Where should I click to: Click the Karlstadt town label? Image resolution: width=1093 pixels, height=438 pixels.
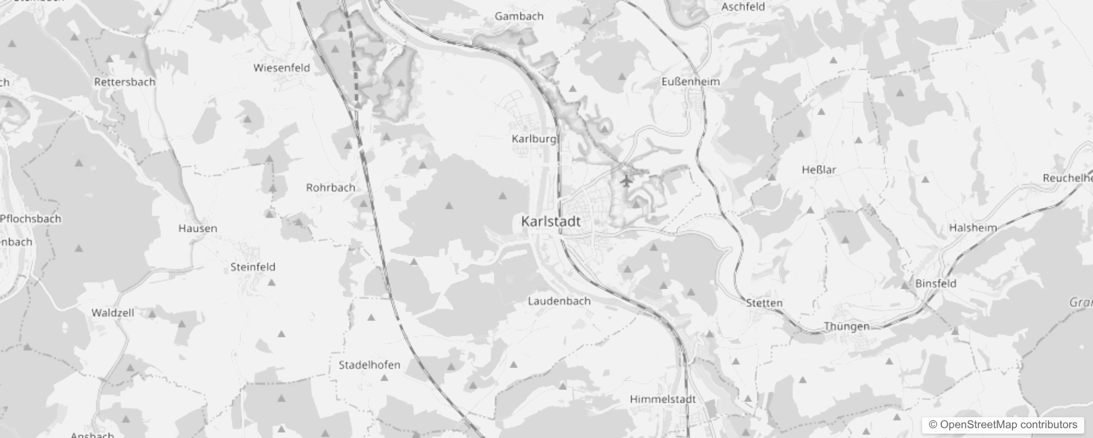coord(550,222)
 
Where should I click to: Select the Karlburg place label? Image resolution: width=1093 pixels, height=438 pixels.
coord(534,139)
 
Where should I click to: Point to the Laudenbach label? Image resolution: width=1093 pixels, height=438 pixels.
coord(559,301)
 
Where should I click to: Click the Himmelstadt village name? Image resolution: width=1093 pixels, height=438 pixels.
coord(663,399)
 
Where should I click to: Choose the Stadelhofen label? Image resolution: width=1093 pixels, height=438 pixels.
coord(369,365)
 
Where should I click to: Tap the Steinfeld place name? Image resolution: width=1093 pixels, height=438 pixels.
coord(252,267)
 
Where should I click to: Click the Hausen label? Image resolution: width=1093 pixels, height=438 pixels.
coord(198,228)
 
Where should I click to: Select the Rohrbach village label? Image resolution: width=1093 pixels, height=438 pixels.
coord(330,187)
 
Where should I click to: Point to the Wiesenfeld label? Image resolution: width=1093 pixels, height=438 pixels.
coord(281,68)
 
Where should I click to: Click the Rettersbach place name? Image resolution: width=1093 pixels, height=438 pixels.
coord(125,82)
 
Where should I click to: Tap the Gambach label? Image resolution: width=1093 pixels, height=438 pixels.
coord(519,16)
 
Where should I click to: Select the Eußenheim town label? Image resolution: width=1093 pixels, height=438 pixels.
coord(691,82)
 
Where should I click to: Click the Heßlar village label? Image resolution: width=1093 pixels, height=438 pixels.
coord(819,170)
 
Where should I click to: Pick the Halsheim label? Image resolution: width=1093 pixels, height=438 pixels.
coord(973,228)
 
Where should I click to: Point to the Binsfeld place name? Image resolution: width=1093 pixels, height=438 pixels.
coord(936,283)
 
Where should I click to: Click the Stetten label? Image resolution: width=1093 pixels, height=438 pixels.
coord(764,303)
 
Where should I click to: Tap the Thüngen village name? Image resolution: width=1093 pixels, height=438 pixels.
coord(847,326)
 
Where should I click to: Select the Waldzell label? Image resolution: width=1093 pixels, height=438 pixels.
coord(112,313)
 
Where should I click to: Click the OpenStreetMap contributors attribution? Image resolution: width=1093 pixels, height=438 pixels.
coord(1003,425)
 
